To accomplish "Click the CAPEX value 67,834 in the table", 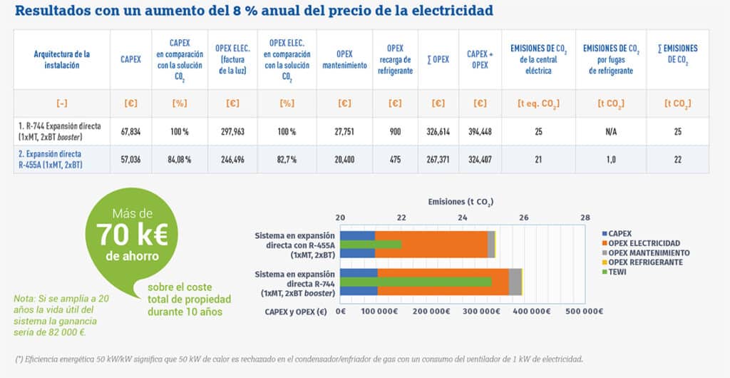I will [130, 131].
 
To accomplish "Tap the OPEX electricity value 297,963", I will [232, 131].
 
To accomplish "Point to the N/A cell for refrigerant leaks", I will [611, 131].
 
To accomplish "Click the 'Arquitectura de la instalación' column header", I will [61, 59].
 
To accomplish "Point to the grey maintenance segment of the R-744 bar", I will [515, 281].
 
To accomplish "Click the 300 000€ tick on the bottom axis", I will [495, 312].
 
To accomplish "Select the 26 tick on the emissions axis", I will [524, 217].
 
